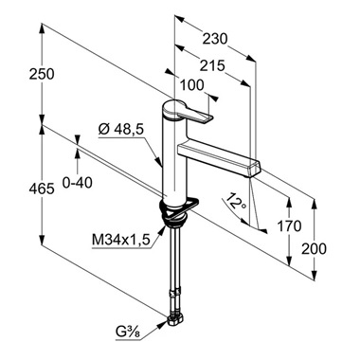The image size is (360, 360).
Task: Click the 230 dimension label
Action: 215,39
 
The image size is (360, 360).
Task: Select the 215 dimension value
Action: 212,66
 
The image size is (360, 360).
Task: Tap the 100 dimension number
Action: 191,85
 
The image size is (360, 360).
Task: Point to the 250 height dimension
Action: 42,74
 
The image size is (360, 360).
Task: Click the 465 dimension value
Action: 42,189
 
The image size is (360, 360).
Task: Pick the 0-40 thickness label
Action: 78,183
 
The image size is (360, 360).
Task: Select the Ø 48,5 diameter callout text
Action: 121,129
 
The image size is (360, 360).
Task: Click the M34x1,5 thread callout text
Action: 120,241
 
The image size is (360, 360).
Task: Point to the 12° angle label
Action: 235,201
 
